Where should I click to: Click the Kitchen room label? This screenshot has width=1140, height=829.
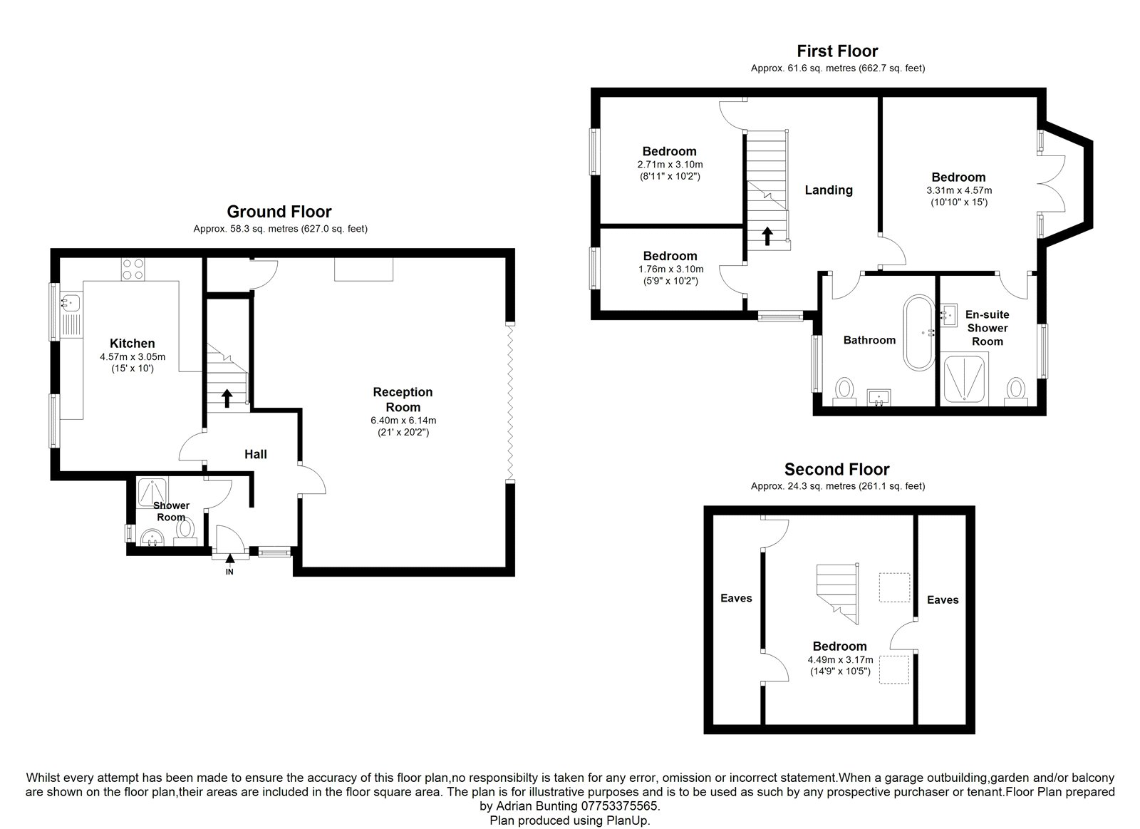(x=133, y=343)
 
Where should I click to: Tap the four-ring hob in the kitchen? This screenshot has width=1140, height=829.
(x=133, y=269)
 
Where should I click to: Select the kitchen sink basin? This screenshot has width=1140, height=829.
(x=71, y=302)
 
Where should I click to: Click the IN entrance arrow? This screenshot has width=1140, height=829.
(x=230, y=558)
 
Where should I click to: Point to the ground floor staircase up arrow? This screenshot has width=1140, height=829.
(x=227, y=398)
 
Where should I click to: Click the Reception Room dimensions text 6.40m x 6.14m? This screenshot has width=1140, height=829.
(x=403, y=421)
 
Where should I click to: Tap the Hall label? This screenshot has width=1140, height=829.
(x=256, y=454)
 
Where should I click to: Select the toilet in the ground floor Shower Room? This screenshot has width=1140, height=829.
(x=186, y=530)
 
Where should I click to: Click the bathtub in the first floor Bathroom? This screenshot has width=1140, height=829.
(x=918, y=332)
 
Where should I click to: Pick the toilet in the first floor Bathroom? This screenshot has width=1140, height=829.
(x=844, y=391)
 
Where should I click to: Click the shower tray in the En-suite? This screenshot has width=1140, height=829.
(x=964, y=380)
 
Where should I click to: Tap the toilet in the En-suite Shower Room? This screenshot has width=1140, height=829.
(x=1016, y=391)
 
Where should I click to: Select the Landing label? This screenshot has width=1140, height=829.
(x=829, y=190)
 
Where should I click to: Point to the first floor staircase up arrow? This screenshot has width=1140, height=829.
(x=767, y=236)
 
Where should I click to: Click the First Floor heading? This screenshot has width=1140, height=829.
(x=837, y=51)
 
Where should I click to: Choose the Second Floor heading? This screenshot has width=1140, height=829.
(x=837, y=469)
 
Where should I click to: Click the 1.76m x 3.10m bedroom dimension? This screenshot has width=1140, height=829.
(x=670, y=269)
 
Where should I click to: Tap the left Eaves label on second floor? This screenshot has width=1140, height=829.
(x=736, y=598)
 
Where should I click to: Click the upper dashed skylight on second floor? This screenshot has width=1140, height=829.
(x=894, y=587)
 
